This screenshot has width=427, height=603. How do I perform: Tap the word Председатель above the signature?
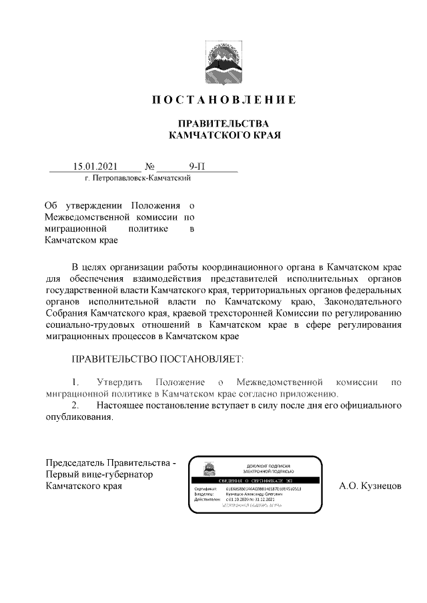click(75, 463)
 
